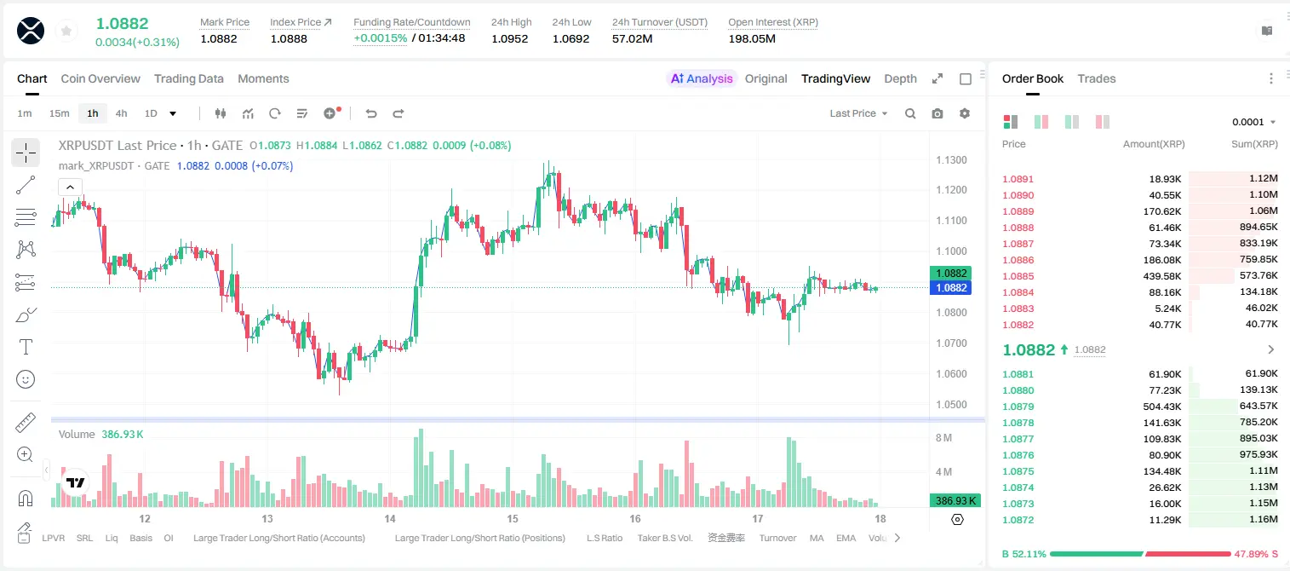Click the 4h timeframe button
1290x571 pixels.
(121, 113)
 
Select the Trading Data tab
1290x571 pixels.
(189, 79)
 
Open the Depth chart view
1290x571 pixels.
(900, 79)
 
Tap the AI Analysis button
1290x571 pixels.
(702, 79)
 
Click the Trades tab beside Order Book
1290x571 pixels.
(1097, 79)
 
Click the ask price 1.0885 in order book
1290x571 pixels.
(1018, 276)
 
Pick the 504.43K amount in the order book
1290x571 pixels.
(1162, 407)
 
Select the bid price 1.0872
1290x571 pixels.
(1018, 520)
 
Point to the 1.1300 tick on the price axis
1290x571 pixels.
(951, 160)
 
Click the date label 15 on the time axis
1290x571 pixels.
(513, 519)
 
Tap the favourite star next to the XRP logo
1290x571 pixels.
(66, 32)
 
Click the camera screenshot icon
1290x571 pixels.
(937, 113)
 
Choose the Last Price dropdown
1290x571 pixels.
(858, 113)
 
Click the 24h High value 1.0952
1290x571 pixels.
(510, 38)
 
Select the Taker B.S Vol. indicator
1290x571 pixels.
(664, 538)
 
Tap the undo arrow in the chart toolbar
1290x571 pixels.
(371, 113)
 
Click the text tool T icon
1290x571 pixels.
(26, 347)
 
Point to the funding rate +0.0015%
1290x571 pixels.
(381, 38)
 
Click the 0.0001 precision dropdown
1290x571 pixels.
(1253, 122)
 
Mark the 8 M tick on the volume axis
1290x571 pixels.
(944, 438)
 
